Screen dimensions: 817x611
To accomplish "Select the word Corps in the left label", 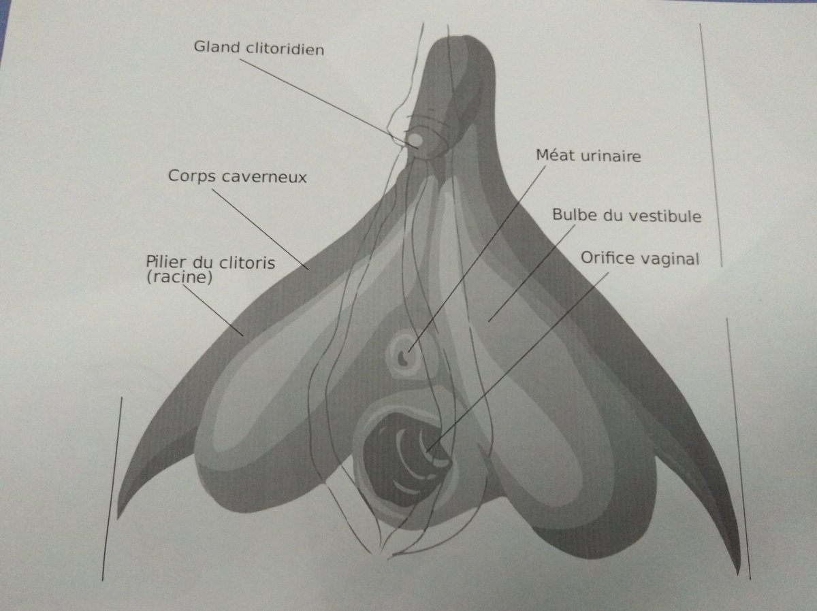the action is coord(191,176).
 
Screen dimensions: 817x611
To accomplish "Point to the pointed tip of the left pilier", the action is coord(121,514).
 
